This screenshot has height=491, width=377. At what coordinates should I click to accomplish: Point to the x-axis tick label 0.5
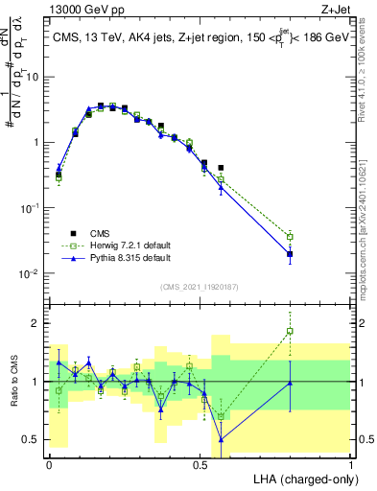click(200, 464)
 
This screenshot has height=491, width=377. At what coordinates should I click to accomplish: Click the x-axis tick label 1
click(350, 464)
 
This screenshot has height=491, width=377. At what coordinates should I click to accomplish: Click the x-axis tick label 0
click(49, 464)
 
